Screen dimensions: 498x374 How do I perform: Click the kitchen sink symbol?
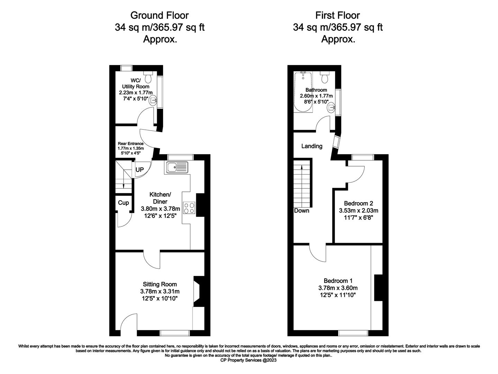177,168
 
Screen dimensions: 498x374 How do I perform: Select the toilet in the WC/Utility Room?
148,77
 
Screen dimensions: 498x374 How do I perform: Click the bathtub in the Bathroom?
303,92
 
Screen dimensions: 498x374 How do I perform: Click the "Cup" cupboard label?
124,203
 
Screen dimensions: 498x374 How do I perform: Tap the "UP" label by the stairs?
139,170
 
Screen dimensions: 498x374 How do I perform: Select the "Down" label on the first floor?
301,211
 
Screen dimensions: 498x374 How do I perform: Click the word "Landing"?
312,146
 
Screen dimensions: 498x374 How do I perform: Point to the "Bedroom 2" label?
359,203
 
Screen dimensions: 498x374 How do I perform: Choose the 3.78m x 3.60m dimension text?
338,288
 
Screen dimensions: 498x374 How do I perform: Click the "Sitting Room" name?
160,284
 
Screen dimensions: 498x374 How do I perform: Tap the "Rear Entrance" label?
131,143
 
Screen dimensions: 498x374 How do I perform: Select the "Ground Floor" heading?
160,16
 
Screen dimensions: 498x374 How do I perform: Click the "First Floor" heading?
338,16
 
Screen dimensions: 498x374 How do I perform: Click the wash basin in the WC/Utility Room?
153,101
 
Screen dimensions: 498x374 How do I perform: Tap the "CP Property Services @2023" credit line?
248,360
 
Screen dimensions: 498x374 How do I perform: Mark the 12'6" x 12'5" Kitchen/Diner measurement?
160,216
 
